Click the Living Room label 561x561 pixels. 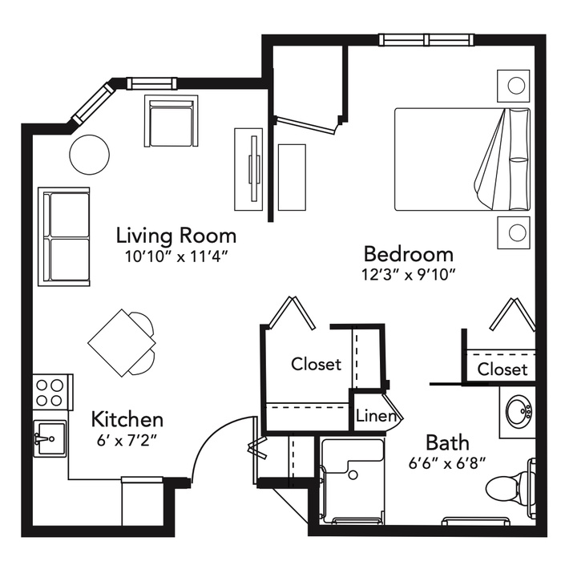point(176,236)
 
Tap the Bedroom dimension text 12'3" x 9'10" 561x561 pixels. point(408,275)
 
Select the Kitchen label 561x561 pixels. point(127,419)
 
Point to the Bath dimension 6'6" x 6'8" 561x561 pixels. point(447,464)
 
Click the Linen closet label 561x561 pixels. point(376,416)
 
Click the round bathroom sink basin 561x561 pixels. point(519,411)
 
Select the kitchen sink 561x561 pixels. point(50,438)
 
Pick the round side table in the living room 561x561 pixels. point(89,155)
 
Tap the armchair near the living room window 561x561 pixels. point(171,121)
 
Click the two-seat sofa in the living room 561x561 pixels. point(63,236)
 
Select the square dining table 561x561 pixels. point(122,343)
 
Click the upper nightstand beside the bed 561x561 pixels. point(514,86)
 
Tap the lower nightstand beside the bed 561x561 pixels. point(514,232)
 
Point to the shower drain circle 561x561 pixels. point(353,475)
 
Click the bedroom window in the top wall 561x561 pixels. point(426,39)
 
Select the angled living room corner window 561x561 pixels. point(93,103)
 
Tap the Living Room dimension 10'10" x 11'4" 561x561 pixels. point(176,256)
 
